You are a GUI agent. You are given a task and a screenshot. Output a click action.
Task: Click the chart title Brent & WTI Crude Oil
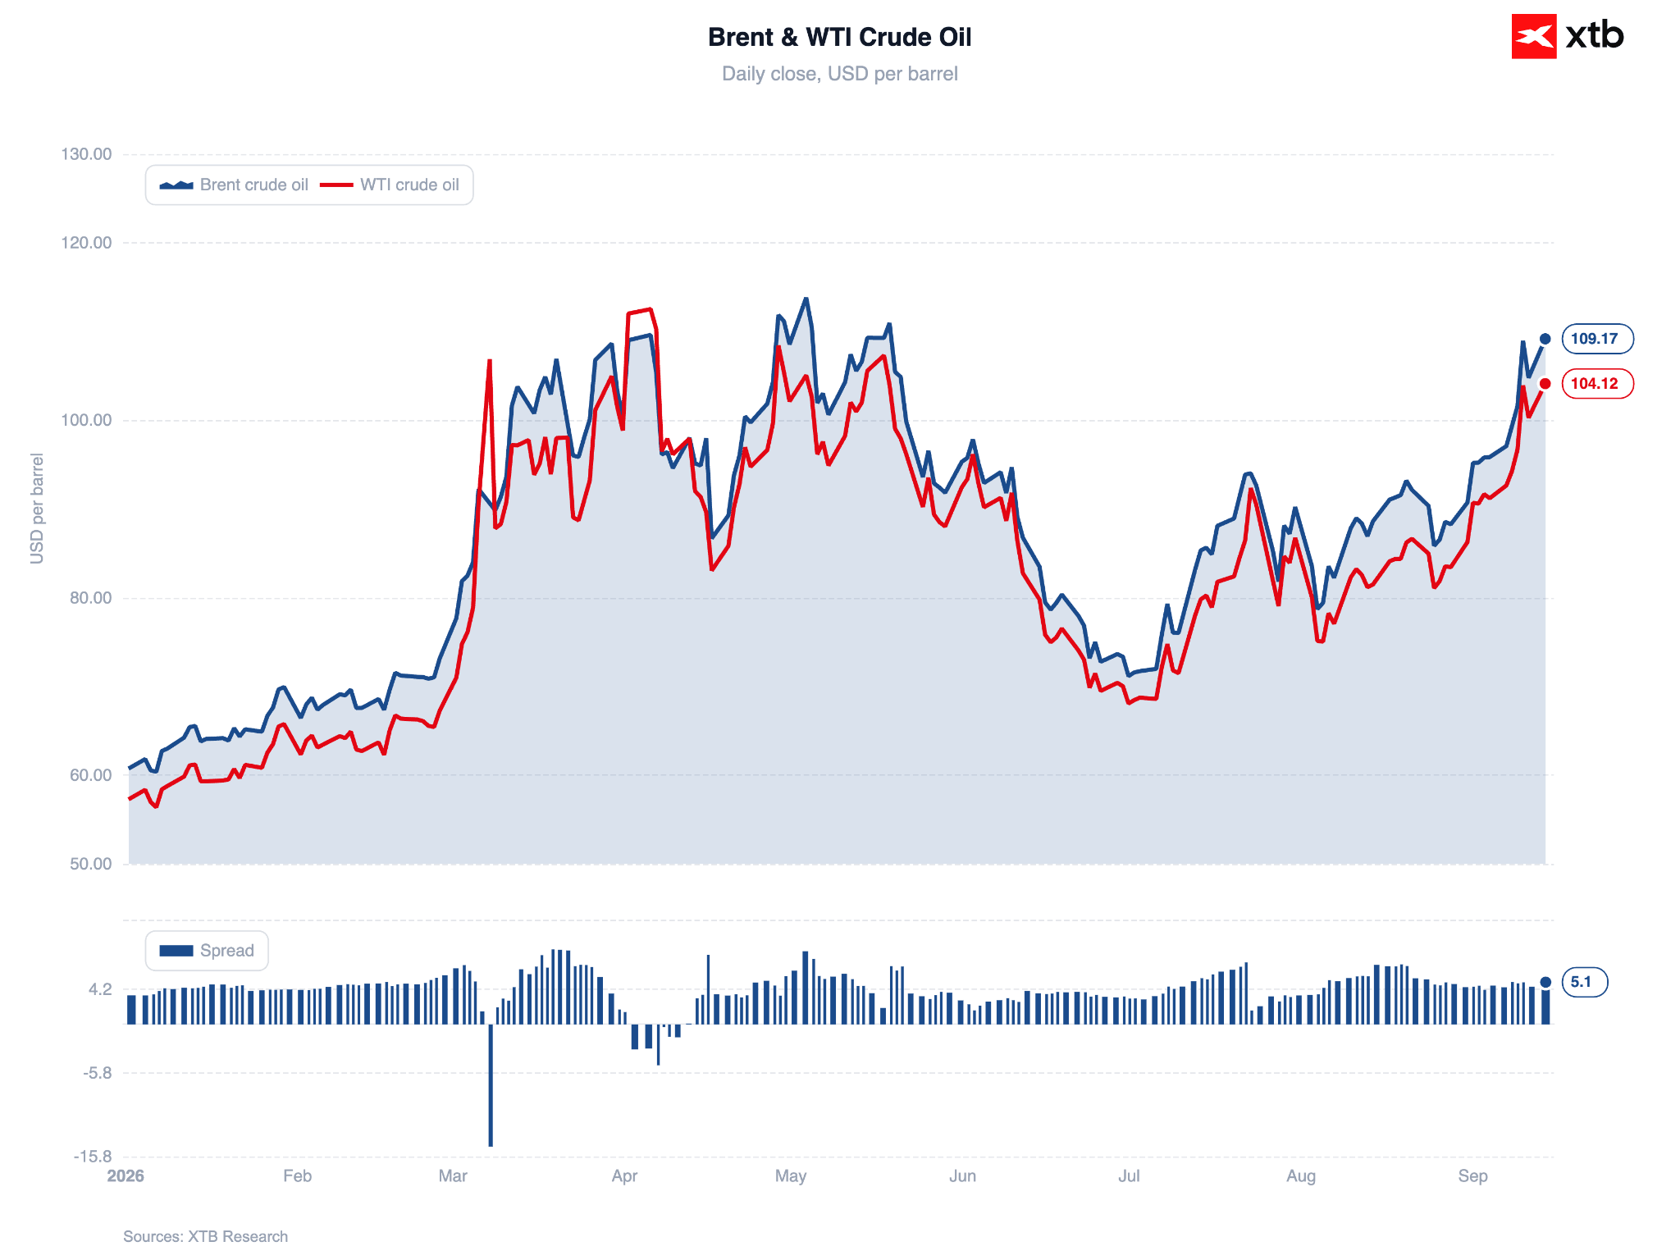point(839,37)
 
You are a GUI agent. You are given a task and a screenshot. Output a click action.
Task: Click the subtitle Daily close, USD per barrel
point(839,74)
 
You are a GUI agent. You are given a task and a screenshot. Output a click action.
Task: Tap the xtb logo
point(1567,36)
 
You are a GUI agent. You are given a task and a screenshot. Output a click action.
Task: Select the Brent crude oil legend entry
point(234,185)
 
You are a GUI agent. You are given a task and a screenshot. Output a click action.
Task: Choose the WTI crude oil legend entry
point(390,185)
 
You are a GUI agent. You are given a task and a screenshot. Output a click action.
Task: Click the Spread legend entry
point(207,950)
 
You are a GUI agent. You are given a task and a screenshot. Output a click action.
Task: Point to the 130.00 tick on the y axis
point(86,154)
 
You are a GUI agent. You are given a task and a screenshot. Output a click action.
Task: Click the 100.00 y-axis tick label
point(86,420)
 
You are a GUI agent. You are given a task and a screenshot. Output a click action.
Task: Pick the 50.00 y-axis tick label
point(90,864)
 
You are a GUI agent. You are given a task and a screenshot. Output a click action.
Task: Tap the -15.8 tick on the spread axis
point(93,1157)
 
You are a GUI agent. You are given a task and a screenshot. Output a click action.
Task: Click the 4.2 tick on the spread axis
point(100,989)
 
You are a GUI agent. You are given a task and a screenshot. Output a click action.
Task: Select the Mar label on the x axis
point(453,1176)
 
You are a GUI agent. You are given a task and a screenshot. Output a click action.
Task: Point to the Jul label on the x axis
point(1129,1176)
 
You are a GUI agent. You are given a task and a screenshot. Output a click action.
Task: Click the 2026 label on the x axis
point(126,1176)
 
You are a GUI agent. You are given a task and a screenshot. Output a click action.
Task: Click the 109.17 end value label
point(1597,339)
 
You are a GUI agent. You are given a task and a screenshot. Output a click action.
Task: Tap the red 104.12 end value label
point(1597,383)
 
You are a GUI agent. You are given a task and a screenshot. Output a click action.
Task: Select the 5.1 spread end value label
point(1584,982)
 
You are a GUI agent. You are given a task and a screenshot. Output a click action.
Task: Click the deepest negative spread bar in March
point(491,1084)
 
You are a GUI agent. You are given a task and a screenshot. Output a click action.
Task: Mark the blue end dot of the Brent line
point(1545,339)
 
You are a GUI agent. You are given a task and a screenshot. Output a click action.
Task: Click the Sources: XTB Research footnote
point(205,1236)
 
